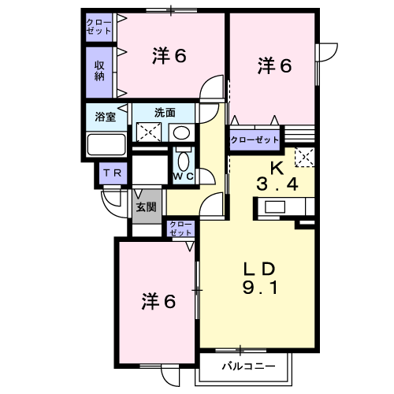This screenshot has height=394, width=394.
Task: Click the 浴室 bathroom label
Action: [105, 117]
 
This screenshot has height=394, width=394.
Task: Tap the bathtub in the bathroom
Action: [106, 145]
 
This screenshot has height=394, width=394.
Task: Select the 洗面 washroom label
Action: [165, 113]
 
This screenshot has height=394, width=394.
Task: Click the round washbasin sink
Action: [182, 133]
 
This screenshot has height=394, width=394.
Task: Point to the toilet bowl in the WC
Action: [184, 161]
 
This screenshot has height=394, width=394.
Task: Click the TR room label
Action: [113, 173]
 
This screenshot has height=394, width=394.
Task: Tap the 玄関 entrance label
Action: [146, 207]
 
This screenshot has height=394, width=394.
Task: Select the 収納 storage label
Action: [99, 71]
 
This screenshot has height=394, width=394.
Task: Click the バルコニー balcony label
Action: [248, 366]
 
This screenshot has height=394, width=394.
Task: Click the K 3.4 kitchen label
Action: [277, 177]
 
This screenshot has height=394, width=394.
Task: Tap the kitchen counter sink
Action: [275, 207]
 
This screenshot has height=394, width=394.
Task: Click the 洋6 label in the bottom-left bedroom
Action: [158, 301]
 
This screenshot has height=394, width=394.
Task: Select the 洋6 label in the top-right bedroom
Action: [274, 65]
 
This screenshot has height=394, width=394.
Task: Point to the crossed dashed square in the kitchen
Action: [305, 157]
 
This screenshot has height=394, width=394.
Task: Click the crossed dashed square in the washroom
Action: [149, 133]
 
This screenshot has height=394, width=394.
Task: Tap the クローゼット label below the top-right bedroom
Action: [255, 139]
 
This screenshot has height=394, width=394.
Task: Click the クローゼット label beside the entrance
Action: [180, 229]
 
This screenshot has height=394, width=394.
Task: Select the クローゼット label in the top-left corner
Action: [99, 27]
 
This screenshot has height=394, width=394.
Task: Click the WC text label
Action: [184, 177]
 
